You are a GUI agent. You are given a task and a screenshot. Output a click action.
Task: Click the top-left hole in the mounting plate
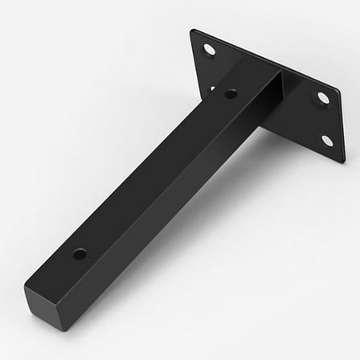coord(209,50)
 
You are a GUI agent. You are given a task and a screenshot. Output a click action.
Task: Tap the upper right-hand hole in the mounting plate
coord(323,97)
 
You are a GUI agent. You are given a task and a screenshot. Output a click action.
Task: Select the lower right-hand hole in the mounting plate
coord(327,141)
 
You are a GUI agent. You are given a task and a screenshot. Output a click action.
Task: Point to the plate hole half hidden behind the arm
coord(213,88)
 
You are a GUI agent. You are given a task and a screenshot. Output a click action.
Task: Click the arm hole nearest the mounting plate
coord(231,94)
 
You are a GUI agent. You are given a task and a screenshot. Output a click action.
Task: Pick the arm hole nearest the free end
coord(80,254)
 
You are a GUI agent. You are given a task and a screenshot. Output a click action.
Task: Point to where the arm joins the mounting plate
coord(269,80)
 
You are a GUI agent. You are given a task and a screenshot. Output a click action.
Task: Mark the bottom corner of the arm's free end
coord(58,329)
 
